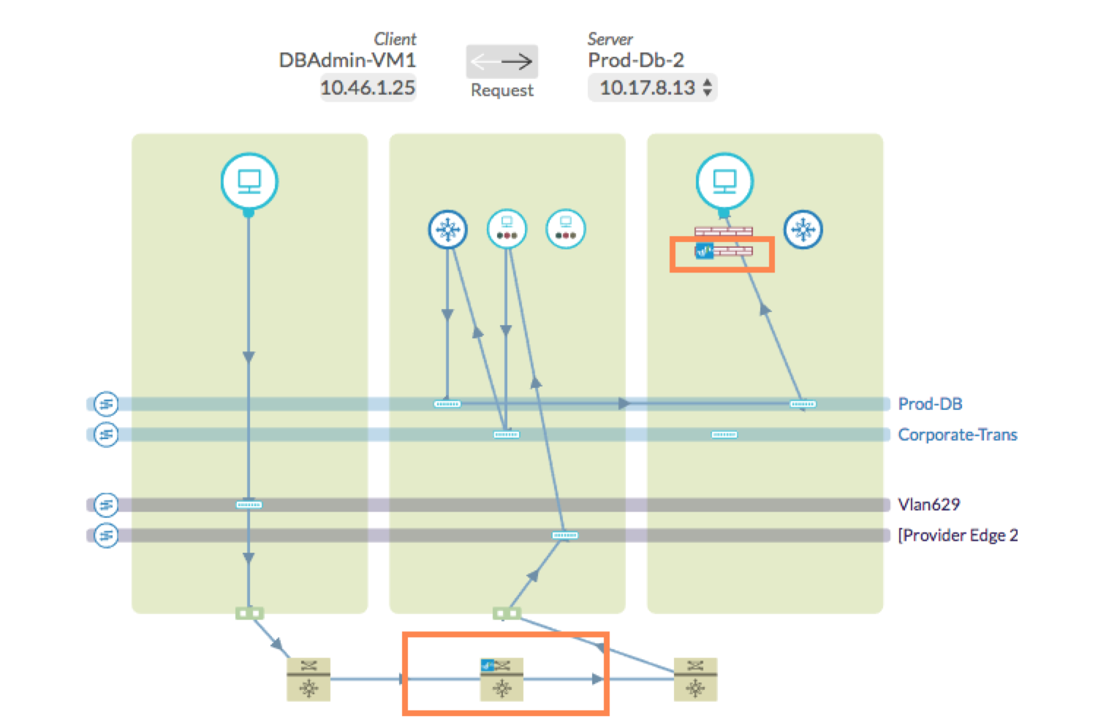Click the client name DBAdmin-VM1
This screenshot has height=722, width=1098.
coord(347,60)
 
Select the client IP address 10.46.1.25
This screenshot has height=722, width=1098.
coord(368,88)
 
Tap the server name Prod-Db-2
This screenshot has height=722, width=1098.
coord(635,60)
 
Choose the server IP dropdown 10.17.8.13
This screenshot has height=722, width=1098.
coord(653,88)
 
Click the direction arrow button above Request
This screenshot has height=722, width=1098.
coord(501,61)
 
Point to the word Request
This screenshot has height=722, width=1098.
coord(501,90)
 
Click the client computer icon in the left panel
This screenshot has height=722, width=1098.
coord(249,181)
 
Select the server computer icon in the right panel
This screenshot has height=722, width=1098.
coord(724,181)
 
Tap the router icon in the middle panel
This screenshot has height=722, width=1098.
coord(447,229)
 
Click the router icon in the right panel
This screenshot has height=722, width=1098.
coord(803,229)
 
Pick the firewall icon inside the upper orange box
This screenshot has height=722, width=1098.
coord(724,251)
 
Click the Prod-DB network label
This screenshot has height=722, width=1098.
coord(930,404)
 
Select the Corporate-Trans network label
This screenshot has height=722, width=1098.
coord(957,435)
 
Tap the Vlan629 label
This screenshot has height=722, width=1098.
coord(928,504)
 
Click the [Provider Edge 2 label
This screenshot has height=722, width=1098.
coord(958,535)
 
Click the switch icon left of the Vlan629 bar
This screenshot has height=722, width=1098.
coord(106,504)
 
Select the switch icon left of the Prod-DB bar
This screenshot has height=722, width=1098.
coord(106,403)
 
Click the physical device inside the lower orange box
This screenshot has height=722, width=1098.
coord(501,679)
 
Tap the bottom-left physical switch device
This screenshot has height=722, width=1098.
coord(308,679)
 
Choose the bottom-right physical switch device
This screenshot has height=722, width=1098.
coord(695,679)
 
